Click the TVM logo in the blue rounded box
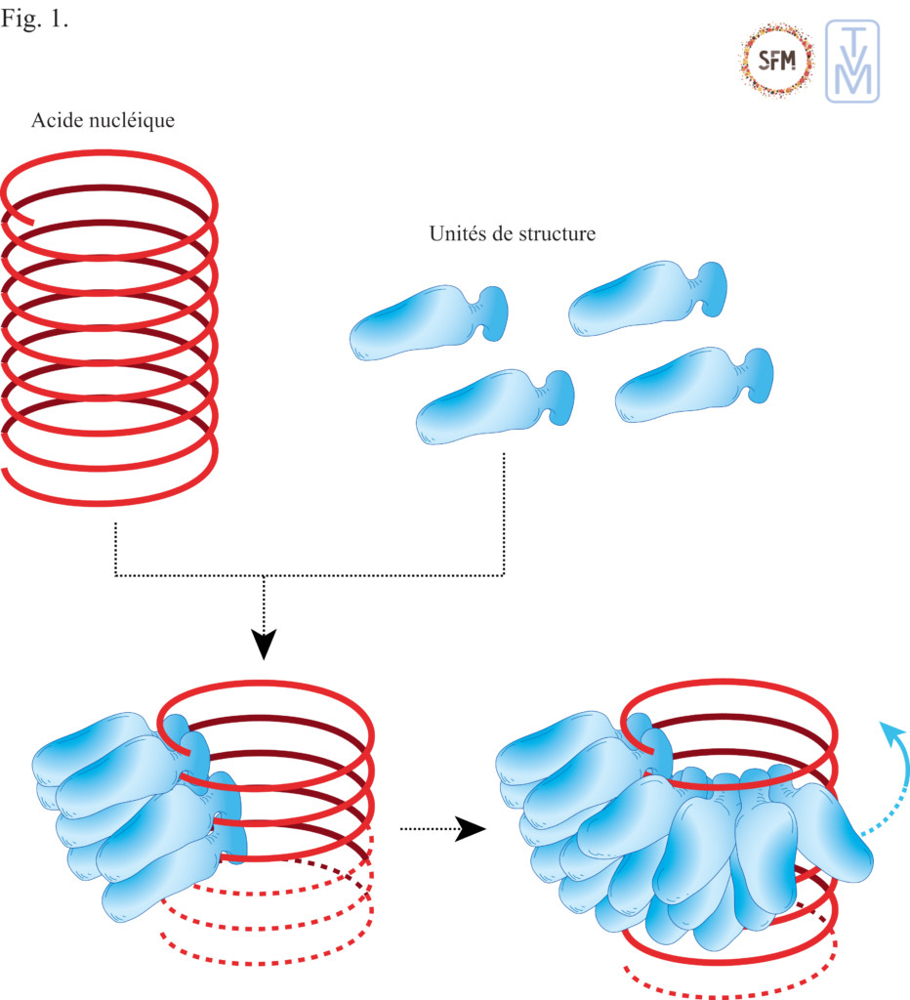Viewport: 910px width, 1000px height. tap(851, 61)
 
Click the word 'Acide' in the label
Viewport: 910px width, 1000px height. tap(53, 121)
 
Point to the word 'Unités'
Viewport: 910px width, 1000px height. tap(457, 234)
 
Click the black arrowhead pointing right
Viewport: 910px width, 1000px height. tap(472, 829)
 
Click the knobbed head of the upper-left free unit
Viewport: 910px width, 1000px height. tap(494, 309)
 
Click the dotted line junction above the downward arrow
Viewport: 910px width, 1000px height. tap(264, 576)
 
